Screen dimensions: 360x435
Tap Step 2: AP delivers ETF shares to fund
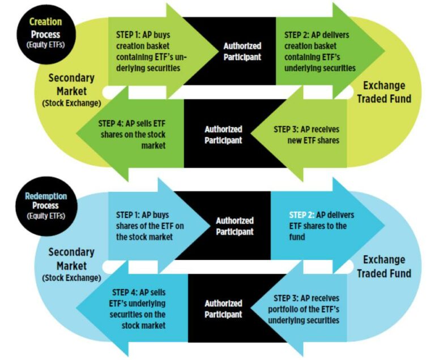point(317,226)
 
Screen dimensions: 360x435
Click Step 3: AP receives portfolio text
point(302,308)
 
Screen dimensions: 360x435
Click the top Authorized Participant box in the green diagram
point(242,52)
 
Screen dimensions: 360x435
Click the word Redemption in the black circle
point(45,196)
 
